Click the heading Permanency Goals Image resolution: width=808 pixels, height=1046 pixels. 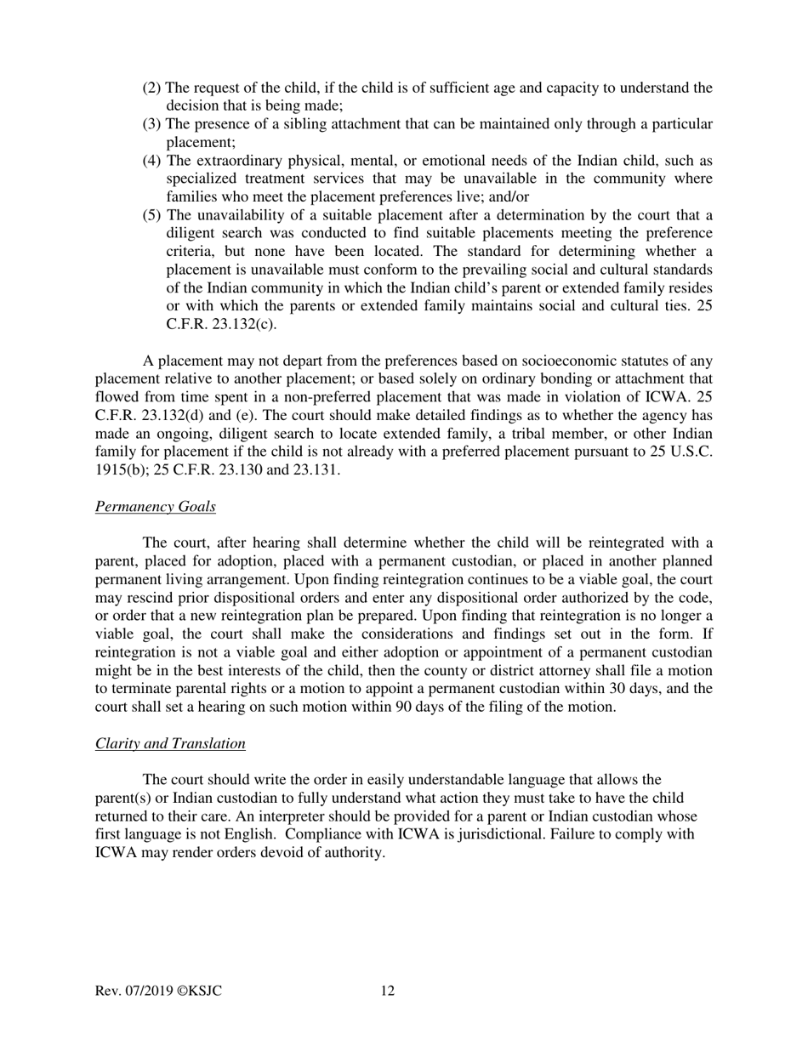(155, 507)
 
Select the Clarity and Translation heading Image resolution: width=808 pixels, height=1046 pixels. (170, 743)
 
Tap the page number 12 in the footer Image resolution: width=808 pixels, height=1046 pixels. (387, 991)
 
